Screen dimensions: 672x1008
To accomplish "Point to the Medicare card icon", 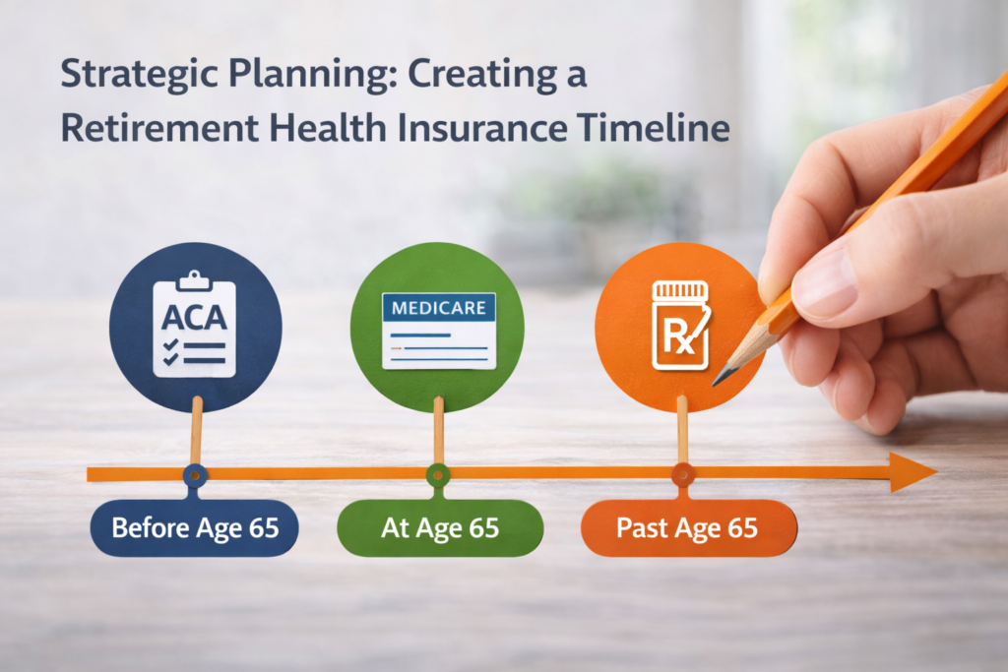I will tap(438, 330).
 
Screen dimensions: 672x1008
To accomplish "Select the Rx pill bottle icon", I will tap(681, 324).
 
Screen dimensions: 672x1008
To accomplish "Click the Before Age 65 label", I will tap(194, 527).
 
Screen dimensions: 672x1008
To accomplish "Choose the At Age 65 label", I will tap(439, 527).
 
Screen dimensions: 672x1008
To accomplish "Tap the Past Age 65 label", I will tap(687, 527).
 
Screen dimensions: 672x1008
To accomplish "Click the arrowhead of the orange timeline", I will tap(913, 473).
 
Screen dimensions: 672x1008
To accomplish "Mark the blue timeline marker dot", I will tap(195, 475).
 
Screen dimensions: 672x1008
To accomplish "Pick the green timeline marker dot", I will tap(437, 475).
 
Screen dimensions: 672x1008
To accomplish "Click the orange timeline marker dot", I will tap(682, 475).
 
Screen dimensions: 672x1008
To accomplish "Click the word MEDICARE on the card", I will tap(438, 308).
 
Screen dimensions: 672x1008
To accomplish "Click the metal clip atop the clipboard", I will tap(195, 278).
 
